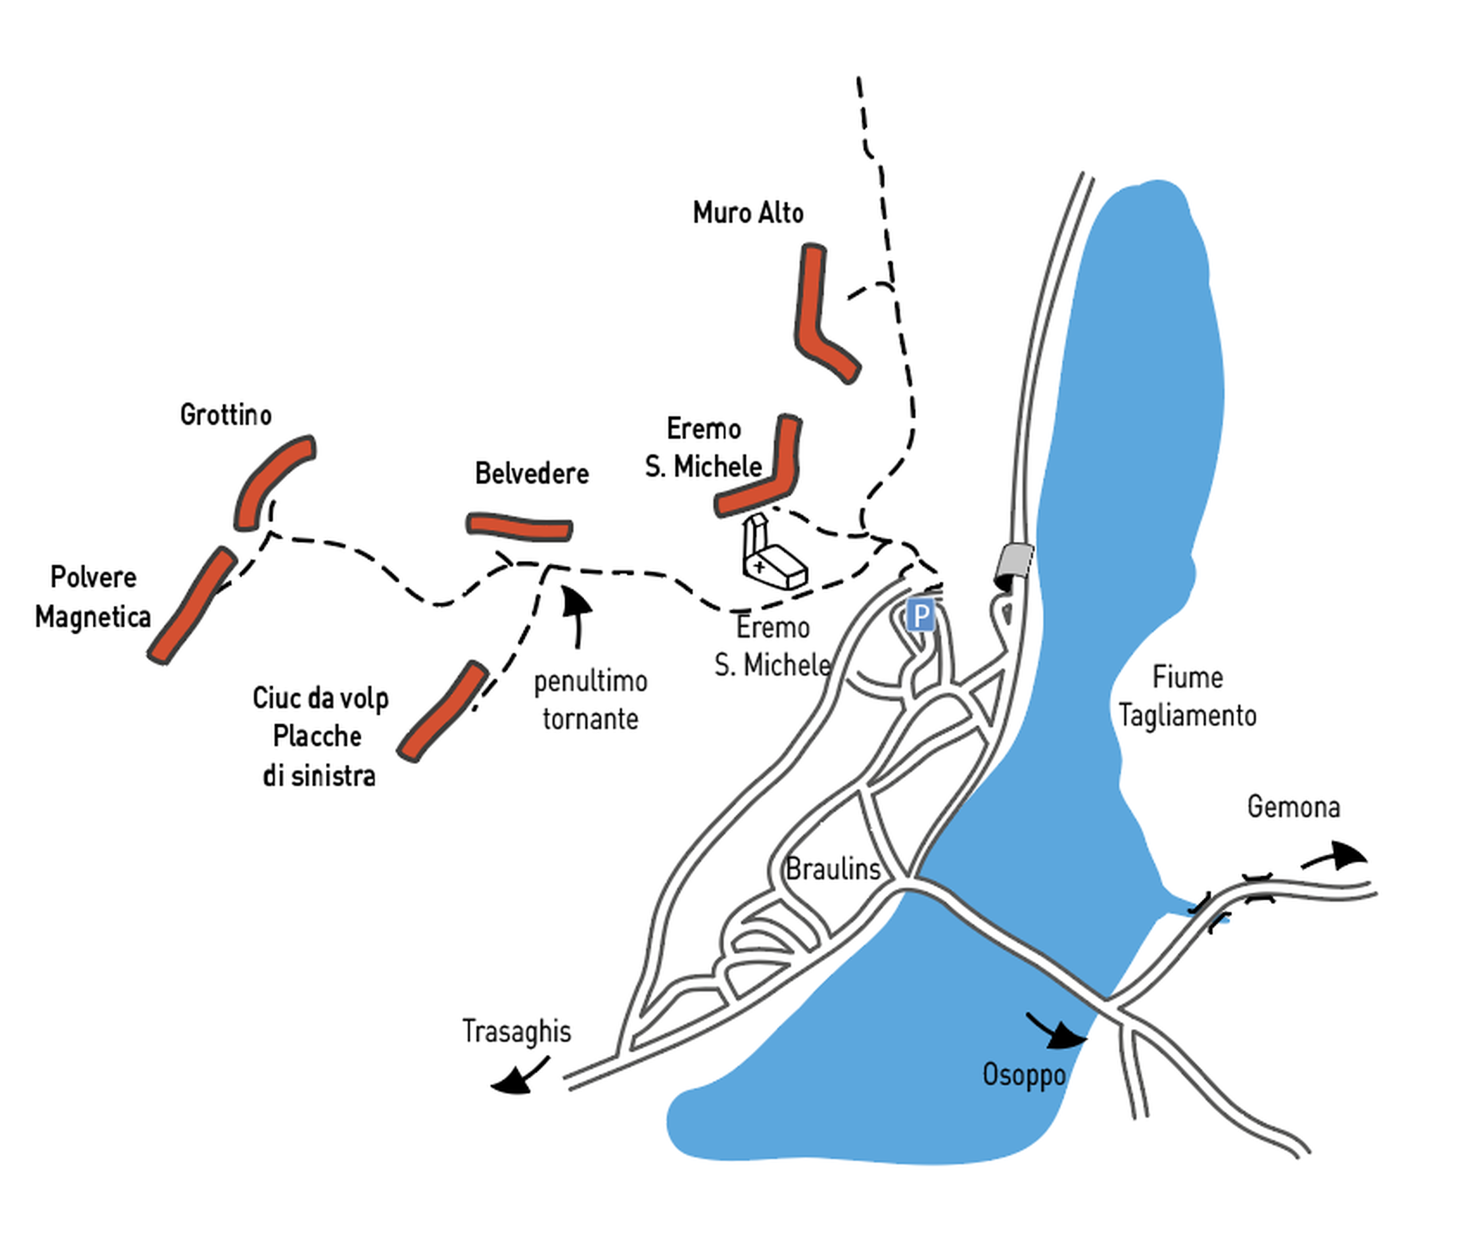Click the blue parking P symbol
click(919, 616)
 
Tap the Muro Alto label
click(748, 213)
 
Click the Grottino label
click(225, 414)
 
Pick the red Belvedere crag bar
click(519, 527)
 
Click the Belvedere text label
click(532, 473)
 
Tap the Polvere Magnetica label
click(93, 597)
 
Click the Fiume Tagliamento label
click(1187, 696)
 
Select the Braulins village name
click(833, 869)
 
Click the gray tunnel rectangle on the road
click(1014, 562)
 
